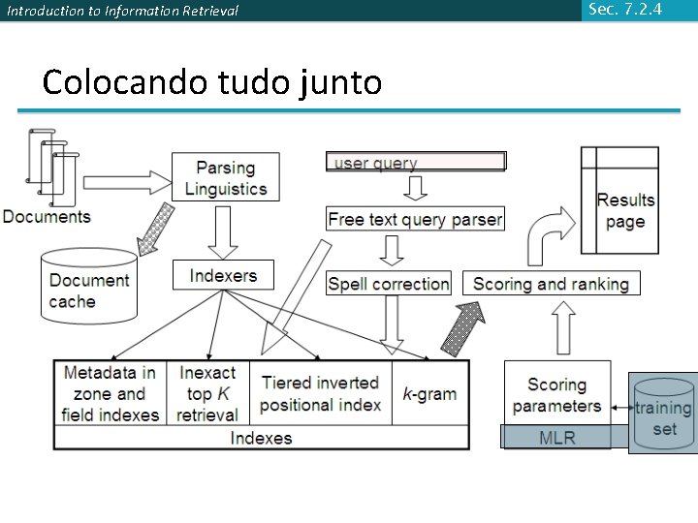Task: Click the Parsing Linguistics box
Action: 225,177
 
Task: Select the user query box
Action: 416,162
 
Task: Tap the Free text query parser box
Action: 415,220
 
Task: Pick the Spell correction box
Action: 389,284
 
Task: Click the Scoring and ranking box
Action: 551,284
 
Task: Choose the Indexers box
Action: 224,275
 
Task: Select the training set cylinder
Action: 663,414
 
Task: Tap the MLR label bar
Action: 556,438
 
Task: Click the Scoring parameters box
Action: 556,394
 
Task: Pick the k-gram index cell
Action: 429,393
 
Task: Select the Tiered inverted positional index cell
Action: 320,393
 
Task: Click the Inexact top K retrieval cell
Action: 207,393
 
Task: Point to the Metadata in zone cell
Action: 110,393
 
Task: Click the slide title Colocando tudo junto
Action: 212,83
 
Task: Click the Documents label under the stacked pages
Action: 47,217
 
